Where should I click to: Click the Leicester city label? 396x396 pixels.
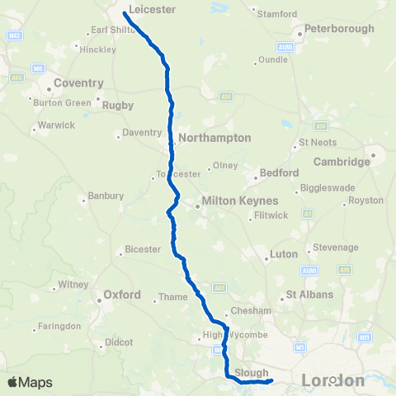pos(153,9)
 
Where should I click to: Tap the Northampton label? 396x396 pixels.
pos(214,138)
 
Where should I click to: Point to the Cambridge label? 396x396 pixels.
pos(342,162)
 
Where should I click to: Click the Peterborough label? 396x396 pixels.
pos(339,29)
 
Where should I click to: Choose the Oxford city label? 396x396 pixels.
pos(122,295)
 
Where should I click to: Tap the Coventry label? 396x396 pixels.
pos(78,83)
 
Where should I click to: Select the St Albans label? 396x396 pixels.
pos(309,295)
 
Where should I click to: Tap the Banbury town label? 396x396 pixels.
pos(106,196)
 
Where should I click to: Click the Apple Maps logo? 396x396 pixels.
pos(30,382)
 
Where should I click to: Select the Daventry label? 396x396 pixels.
pos(141,132)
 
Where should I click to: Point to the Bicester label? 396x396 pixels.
pos(144,249)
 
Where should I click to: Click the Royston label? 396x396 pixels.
pos(366,200)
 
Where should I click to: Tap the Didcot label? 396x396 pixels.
pos(114,342)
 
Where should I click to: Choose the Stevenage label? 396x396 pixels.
pos(333,247)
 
